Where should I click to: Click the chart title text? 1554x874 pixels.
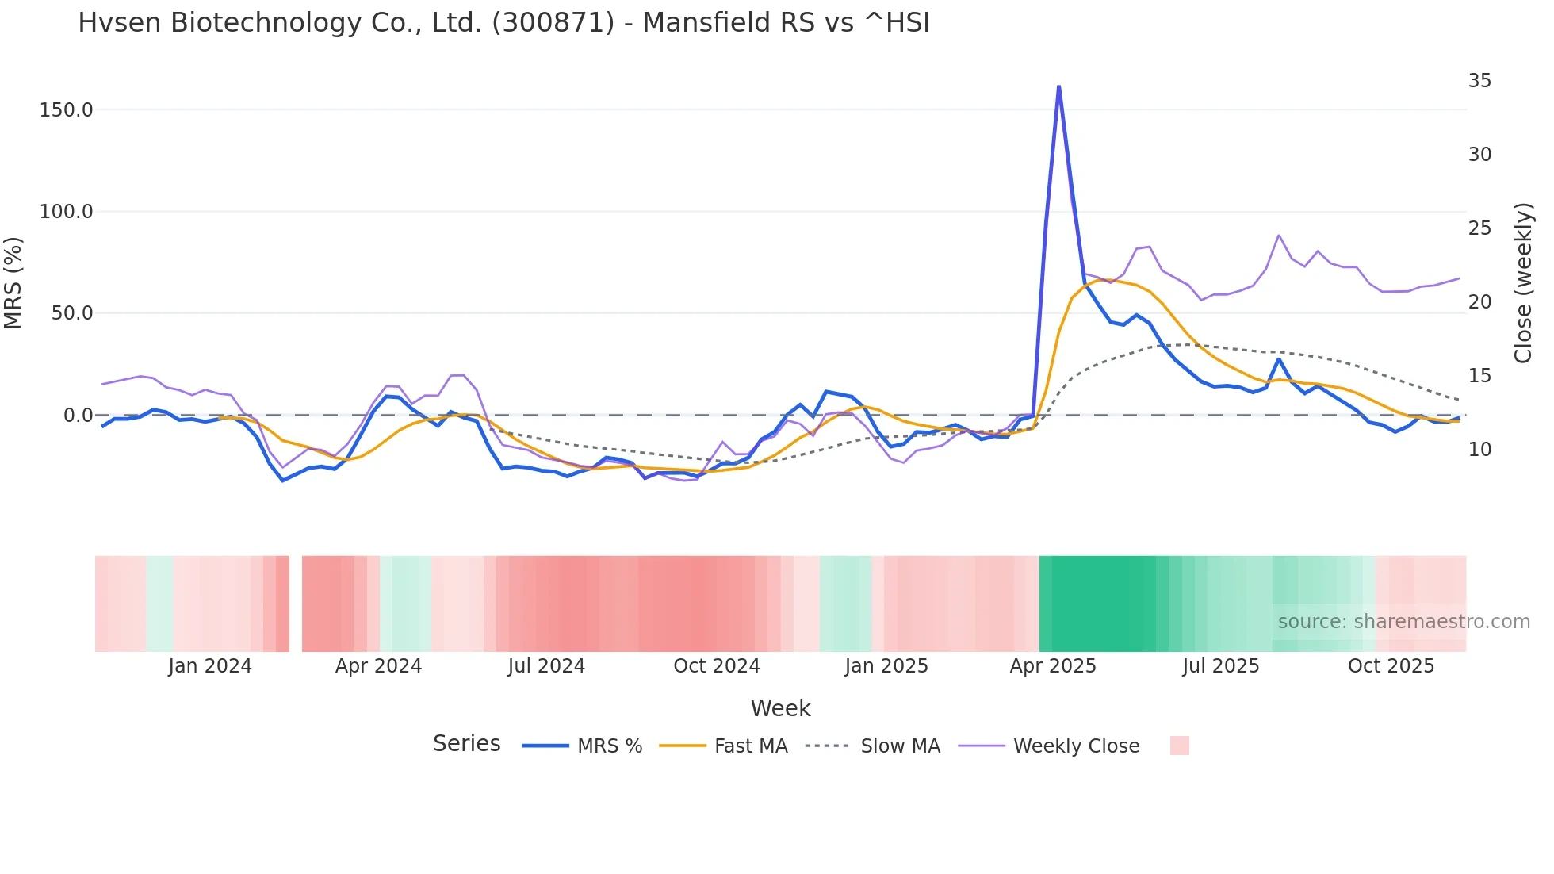coord(503,23)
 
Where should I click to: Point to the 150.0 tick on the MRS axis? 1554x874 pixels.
coord(67,110)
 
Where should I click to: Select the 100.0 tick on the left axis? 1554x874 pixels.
coord(67,212)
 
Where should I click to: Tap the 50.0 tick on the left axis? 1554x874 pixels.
coord(72,313)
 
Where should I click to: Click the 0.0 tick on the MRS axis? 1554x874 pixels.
coord(78,416)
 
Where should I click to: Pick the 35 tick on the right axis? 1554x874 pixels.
coord(1479,81)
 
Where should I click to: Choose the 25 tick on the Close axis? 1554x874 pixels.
coord(1479,228)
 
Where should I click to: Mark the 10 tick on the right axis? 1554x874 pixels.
coord(1479,450)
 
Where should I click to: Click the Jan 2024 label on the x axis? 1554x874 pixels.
coord(210,666)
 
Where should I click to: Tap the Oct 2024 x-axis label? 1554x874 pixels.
coord(717,666)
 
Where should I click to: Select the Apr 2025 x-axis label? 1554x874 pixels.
coord(1053,666)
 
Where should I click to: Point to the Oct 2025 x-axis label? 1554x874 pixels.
coord(1391,666)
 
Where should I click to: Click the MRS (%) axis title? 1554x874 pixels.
coord(13,282)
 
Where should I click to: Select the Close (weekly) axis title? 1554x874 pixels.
coord(1523,282)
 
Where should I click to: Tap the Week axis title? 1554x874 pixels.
coord(781,708)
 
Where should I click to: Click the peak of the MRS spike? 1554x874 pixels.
coord(1059,86)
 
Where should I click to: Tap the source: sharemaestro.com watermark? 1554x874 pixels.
coord(1404,622)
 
